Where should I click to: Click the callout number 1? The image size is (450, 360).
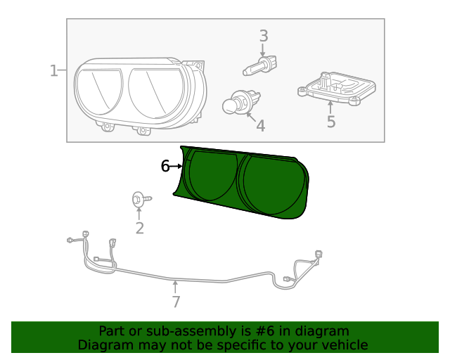click(53, 70)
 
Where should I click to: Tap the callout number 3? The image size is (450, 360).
click(264, 36)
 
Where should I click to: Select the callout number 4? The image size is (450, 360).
click(261, 126)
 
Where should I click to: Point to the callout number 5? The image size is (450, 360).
click(330, 122)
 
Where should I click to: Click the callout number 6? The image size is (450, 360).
click(165, 166)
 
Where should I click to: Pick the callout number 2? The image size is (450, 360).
click(139, 227)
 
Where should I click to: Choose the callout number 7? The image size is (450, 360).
click(176, 302)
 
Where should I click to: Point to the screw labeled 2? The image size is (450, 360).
click(139, 200)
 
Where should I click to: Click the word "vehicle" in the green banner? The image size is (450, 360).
click(342, 345)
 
